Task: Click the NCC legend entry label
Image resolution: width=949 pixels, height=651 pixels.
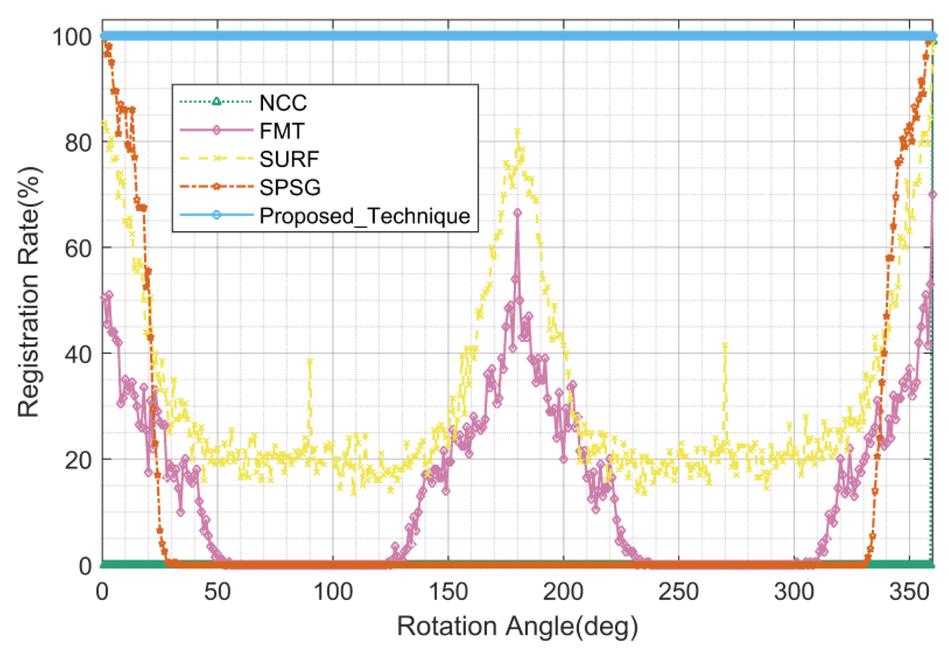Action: coord(283,103)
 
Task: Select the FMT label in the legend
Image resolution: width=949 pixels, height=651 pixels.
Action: coord(282,131)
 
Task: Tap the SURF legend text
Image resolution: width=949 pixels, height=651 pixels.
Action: coord(289,159)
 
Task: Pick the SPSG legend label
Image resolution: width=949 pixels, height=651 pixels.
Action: coord(290,187)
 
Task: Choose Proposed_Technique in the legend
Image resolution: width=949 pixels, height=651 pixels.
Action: coord(365,215)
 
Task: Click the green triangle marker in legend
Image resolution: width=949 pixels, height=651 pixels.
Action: coord(216,101)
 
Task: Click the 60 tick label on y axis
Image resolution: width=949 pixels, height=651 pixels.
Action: coord(78,248)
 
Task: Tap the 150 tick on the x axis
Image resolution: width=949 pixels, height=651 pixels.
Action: coord(448,591)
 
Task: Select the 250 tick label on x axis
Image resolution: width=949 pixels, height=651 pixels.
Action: coord(678,591)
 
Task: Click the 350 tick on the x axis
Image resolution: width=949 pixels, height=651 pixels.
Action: coord(909,591)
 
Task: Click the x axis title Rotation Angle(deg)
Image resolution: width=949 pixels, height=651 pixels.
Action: coord(517,626)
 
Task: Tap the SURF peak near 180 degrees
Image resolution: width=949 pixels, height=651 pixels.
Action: coord(517,132)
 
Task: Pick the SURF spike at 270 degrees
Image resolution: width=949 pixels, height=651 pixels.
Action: coord(725,346)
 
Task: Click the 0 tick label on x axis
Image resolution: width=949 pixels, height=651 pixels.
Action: coord(102,591)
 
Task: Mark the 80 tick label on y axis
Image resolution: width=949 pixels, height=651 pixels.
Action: coord(78,142)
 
